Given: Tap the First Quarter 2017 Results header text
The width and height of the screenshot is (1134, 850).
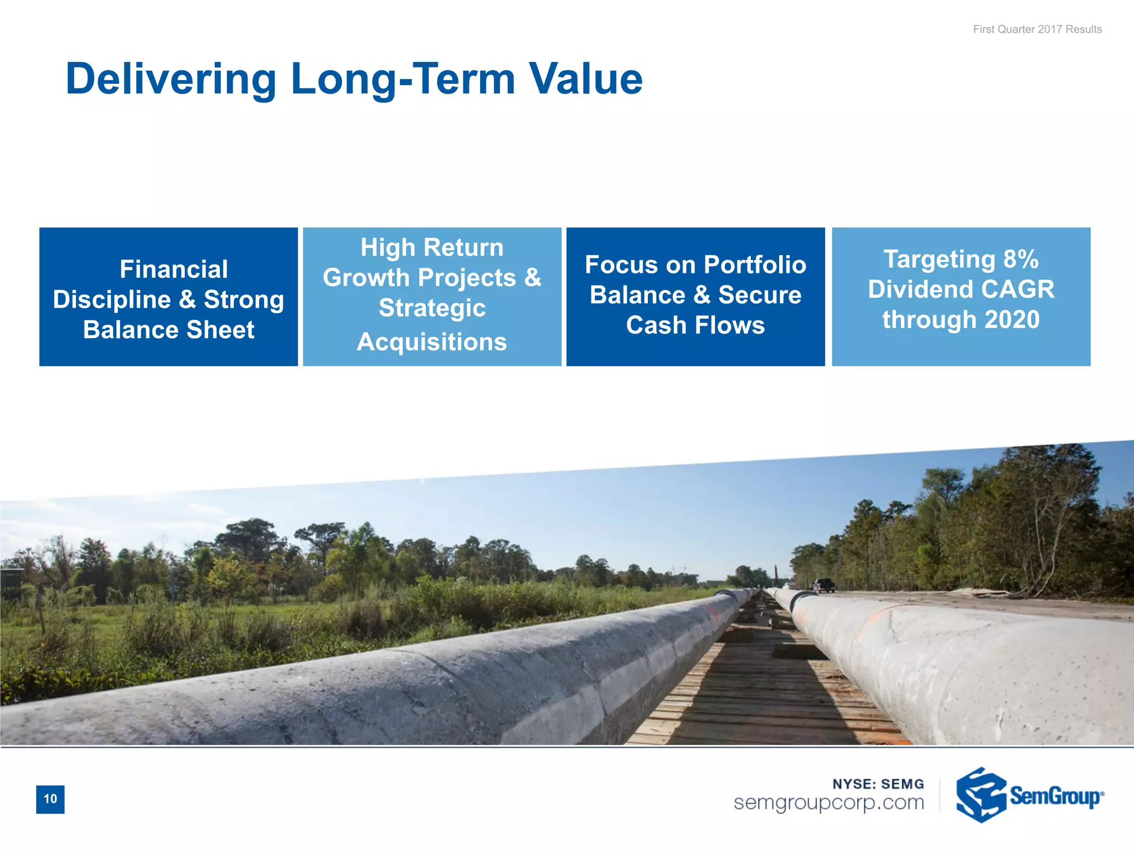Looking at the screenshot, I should click(1037, 29).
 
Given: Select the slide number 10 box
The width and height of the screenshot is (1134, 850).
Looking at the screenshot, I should click(50, 799).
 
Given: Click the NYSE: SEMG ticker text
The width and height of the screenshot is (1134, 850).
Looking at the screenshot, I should click(878, 784).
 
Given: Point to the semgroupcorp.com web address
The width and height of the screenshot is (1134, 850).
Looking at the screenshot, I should click(829, 802).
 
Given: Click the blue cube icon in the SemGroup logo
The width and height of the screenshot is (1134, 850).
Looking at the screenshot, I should click(981, 795).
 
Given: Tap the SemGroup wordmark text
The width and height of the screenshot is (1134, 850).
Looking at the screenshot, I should click(1055, 796).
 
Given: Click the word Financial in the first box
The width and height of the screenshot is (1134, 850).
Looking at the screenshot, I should click(173, 269).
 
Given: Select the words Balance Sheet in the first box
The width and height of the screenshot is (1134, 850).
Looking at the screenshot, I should click(169, 330).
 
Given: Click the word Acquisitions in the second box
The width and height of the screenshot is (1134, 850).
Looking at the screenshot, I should click(432, 342).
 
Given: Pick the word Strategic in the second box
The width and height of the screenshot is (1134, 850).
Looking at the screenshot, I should click(432, 308).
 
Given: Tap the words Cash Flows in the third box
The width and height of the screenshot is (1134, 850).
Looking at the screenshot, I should click(695, 325).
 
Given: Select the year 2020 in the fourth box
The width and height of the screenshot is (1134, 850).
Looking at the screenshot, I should click(1012, 320).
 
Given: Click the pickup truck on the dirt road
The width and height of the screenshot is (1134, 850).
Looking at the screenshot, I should click(823, 585).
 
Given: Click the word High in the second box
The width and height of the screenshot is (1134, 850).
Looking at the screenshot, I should click(388, 247).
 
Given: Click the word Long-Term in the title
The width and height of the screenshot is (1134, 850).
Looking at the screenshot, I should click(403, 79).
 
